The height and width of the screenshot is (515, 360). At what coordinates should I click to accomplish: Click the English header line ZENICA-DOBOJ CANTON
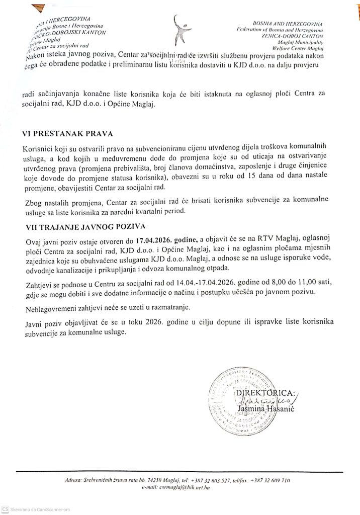(x=297, y=36)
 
